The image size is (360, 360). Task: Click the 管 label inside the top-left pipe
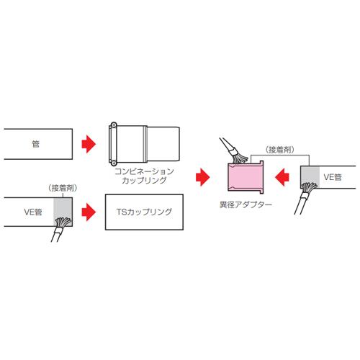click(36, 144)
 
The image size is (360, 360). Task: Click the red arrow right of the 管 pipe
click(89, 144)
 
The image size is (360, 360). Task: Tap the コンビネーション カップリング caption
click(144, 176)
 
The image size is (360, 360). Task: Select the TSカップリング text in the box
click(144, 212)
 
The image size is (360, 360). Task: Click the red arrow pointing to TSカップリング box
click(89, 212)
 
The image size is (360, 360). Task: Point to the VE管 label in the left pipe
click(33, 212)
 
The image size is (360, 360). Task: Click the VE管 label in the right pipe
click(333, 177)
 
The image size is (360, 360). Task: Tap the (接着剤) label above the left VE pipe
click(63, 188)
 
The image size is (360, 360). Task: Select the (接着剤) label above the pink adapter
click(280, 150)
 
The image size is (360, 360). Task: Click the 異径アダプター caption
click(246, 204)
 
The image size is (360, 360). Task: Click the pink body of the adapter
click(246, 177)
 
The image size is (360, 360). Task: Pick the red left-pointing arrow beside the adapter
click(282, 177)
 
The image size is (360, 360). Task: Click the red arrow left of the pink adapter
click(203, 177)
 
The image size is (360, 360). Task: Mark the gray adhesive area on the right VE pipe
click(310, 176)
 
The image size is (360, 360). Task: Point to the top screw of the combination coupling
click(114, 125)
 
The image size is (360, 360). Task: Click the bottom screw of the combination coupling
click(114, 163)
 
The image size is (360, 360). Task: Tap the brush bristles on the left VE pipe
click(63, 222)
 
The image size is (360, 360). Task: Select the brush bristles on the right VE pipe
click(309, 188)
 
